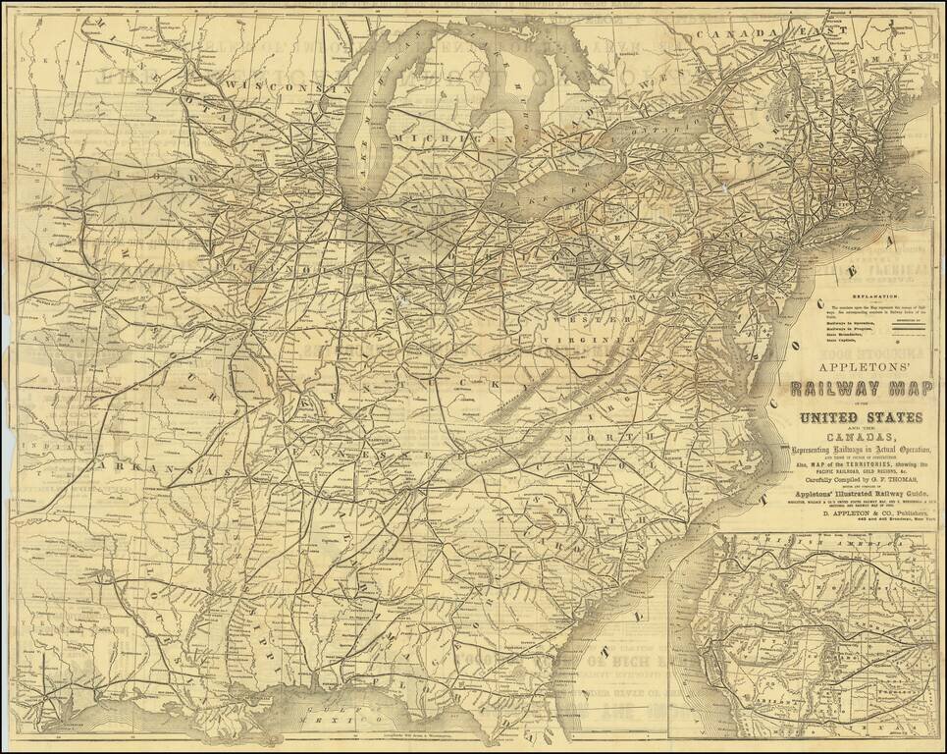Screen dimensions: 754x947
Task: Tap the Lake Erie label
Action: click(579, 191)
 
